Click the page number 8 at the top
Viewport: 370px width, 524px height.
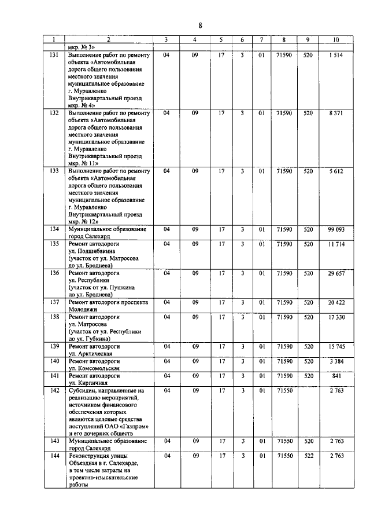pos(200,25)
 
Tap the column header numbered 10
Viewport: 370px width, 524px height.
pos(336,40)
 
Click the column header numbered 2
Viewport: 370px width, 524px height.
pos(108,40)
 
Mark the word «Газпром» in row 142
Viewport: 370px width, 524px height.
pos(134,426)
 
